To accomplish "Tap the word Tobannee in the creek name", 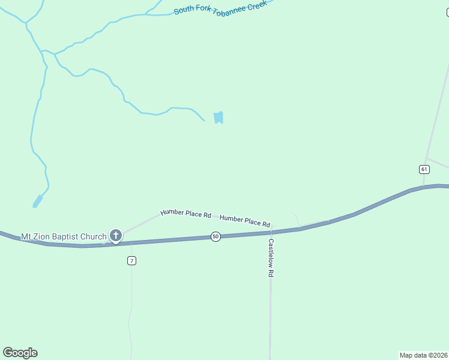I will [228, 6].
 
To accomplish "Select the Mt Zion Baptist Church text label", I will [64, 236].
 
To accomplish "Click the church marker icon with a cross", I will [115, 236].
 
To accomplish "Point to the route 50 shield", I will [215, 237].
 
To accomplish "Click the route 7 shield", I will [131, 260].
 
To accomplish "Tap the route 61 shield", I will [424, 169].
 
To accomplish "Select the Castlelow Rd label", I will [271, 257].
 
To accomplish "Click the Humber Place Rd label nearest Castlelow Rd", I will [245, 220].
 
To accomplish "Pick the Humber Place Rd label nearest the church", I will [185, 214].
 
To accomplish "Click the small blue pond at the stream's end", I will [218, 118].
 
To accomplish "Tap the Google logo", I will [20, 353].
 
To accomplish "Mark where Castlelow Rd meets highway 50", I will [271, 231].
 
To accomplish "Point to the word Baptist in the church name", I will [67, 236].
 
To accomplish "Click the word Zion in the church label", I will [42, 236].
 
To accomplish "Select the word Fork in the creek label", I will [199, 9].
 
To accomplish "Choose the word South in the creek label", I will [184, 11].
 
